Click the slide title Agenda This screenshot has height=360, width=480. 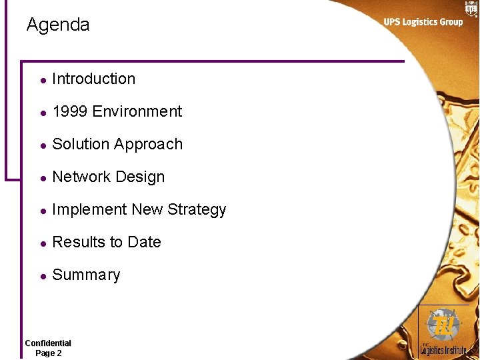coord(58,25)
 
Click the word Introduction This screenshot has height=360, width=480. coord(93,79)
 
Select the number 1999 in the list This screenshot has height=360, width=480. coord(69,111)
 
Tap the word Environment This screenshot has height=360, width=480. coord(137,111)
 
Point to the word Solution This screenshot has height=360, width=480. coord(79,144)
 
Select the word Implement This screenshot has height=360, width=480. coord(89,210)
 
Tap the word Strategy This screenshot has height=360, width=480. coord(197,210)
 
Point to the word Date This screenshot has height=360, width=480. coord(144,242)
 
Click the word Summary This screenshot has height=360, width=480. coord(86,275)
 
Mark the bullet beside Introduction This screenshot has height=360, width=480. coord(42,80)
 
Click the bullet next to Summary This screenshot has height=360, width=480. coord(42,276)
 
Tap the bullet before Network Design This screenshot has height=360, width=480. coord(42,178)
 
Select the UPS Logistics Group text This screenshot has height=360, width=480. coord(423,22)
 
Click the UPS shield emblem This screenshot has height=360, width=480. coord(471,8)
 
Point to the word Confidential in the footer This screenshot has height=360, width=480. coord(48,343)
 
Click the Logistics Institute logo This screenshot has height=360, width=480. coord(443,331)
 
